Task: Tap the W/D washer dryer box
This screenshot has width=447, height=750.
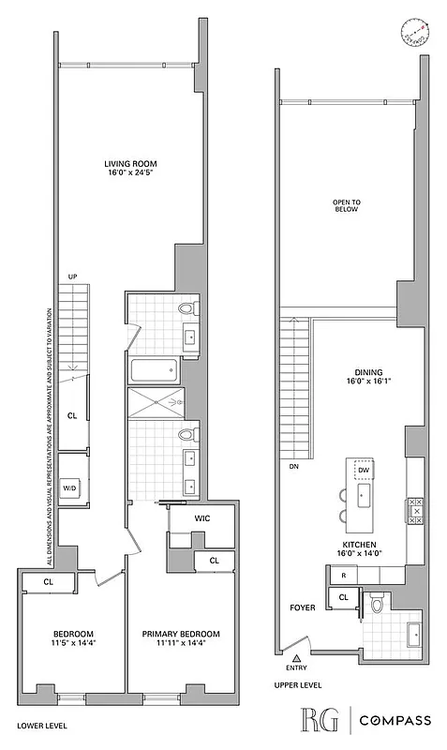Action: coord(70,487)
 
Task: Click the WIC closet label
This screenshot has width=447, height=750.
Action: coord(201,518)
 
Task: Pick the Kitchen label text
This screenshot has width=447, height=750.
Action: coord(359,549)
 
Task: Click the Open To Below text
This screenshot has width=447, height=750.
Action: coord(346,206)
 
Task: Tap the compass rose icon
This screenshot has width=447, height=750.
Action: coord(413,34)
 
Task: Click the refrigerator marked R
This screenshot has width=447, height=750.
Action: coord(344,575)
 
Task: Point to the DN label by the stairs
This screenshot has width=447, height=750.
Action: coord(293,465)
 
